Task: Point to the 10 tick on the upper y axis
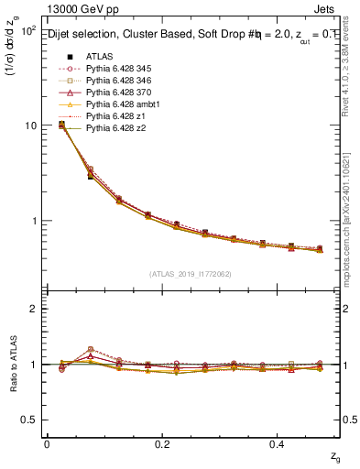31,125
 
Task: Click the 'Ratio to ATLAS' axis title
12,363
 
